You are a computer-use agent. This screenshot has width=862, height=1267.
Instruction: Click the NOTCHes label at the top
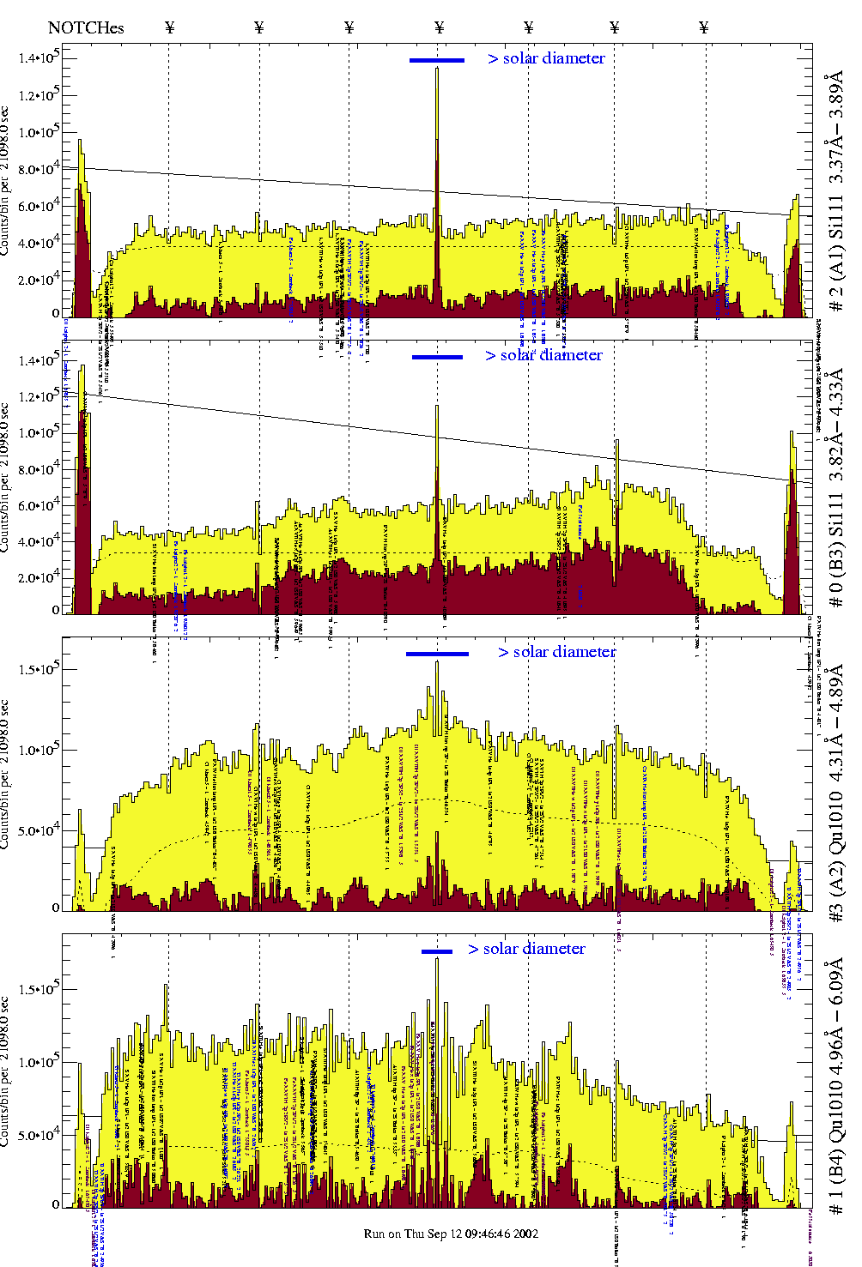86,27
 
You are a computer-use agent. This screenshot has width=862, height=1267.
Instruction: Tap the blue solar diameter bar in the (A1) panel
437,60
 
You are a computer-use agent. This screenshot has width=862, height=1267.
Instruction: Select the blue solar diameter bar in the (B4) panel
437,951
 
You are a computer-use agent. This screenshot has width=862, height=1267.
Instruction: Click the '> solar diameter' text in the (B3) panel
543,355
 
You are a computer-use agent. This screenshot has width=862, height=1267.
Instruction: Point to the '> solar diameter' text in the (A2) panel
556,652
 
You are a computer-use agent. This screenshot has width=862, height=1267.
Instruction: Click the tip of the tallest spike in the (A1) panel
437,68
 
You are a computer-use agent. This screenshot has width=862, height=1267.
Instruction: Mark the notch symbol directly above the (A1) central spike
440,27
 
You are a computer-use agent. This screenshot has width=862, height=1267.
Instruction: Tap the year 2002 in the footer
525,1234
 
